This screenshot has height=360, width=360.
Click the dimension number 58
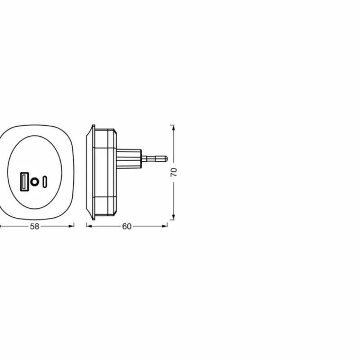point(35,227)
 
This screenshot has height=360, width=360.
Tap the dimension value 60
point(127,227)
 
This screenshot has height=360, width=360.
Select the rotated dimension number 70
point(174,172)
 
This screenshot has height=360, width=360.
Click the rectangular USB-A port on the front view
point(24,182)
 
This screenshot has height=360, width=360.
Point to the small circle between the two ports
point(35,182)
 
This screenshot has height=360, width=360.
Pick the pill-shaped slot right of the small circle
point(45,182)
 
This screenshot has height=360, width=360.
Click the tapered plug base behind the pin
point(129,159)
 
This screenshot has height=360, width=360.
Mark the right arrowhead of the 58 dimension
point(71,226)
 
